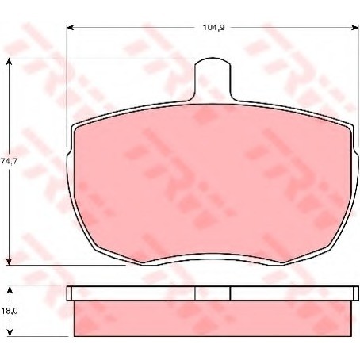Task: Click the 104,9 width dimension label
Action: coord(213,28)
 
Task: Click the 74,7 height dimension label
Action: coord(9,161)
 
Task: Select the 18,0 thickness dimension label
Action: coord(10,311)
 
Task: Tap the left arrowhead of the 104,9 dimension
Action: coord(70,27)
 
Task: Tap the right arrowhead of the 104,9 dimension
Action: coord(355,27)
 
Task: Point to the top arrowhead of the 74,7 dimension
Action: coord(10,62)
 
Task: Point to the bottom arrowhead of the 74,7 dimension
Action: coord(10,262)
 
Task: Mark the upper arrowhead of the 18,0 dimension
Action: coord(10,291)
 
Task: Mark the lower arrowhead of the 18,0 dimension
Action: coord(10,332)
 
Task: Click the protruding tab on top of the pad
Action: coord(213,79)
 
